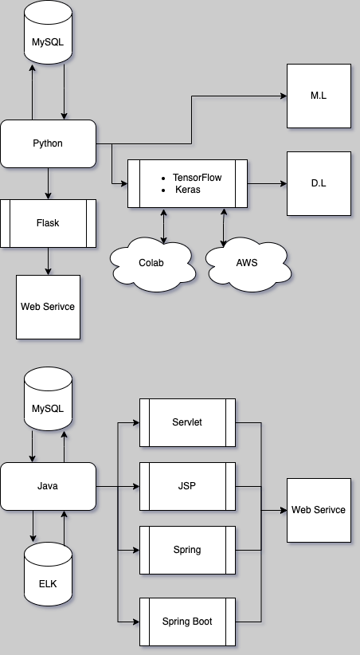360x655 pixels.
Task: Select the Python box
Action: (x=48, y=143)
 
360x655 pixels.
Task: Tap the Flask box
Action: (x=48, y=223)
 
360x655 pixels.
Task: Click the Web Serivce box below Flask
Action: (x=48, y=307)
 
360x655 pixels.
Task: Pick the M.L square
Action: (x=319, y=96)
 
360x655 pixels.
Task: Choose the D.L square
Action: (x=319, y=183)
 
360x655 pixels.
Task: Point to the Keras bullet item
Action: (x=187, y=190)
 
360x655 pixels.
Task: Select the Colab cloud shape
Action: (x=151, y=262)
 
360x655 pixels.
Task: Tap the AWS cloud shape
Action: (x=246, y=262)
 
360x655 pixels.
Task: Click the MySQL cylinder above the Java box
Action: (x=48, y=408)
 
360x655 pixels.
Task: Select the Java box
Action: (x=48, y=486)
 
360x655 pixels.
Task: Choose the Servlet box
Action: (x=187, y=422)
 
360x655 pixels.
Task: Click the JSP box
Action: (x=187, y=486)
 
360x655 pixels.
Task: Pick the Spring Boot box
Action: (x=187, y=622)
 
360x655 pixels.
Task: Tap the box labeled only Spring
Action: (x=187, y=550)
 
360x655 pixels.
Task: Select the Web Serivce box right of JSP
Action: (x=319, y=510)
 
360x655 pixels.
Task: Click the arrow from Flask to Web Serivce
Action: (x=48, y=261)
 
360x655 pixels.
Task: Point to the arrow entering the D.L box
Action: (x=267, y=183)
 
